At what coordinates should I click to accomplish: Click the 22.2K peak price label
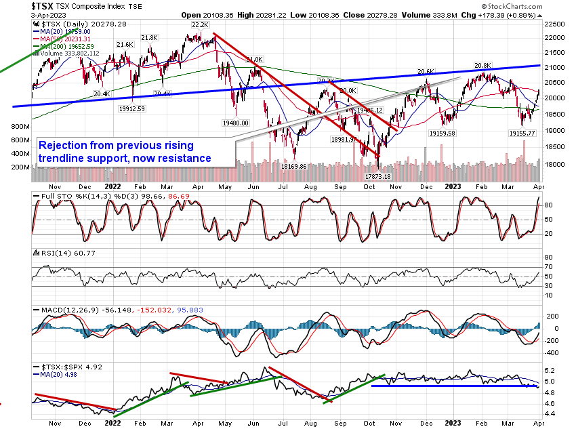pyautogui.click(x=199, y=24)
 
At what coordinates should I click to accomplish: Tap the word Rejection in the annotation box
pyautogui.click(x=62, y=146)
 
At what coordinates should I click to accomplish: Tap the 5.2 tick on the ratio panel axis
pyautogui.click(x=552, y=371)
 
